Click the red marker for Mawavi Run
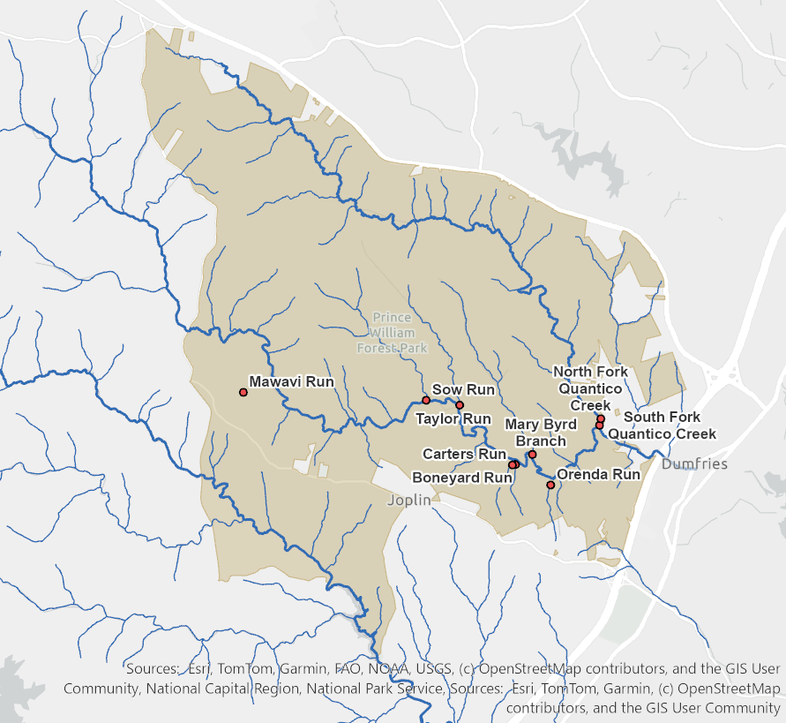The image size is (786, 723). click(243, 392)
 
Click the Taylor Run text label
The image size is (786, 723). click(453, 418)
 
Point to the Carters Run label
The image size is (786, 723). click(464, 454)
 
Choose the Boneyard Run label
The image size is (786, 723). click(462, 478)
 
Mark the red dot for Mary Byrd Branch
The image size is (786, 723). click(532, 455)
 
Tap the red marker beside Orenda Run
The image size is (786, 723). click(550, 485)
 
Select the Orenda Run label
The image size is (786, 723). click(599, 474)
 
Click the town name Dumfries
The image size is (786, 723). click(694, 463)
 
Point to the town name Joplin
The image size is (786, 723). click(409, 500)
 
